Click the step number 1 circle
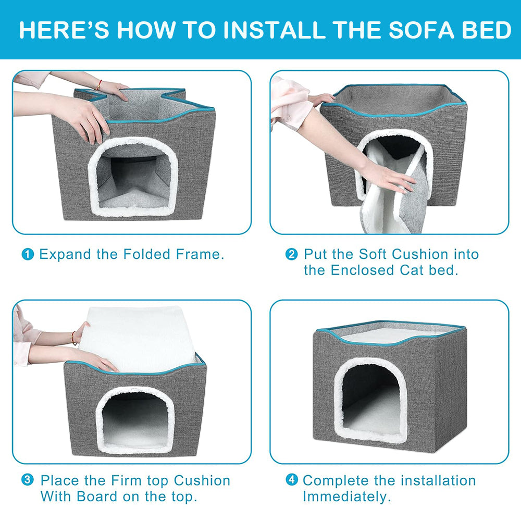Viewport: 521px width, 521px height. coord(28,255)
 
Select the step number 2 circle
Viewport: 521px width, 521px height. coord(292,255)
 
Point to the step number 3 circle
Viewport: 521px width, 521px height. coord(28,480)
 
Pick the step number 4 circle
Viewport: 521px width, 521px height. coord(292,480)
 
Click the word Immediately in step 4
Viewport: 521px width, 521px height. coord(346,497)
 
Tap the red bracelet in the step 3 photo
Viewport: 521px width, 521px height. coord(74,338)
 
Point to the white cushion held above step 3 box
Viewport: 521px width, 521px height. coord(138,339)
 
